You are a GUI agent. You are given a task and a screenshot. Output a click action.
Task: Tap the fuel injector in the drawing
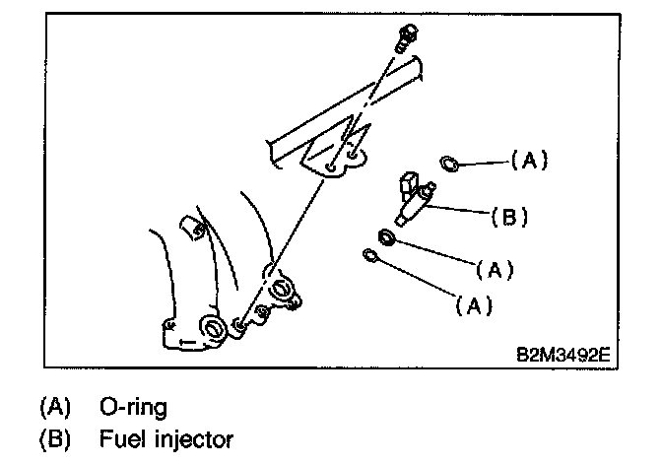tap(415, 198)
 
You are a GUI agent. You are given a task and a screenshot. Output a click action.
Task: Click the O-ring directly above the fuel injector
tap(448, 163)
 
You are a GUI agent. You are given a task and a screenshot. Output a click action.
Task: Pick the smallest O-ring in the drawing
tap(370, 257)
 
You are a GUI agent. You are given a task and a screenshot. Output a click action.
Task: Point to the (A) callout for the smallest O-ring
tap(474, 305)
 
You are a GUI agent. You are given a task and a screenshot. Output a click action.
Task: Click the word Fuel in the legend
tap(119, 436)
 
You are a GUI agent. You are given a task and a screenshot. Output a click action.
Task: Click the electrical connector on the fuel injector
tap(408, 183)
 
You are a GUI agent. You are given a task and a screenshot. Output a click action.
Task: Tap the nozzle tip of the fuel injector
tap(398, 219)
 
